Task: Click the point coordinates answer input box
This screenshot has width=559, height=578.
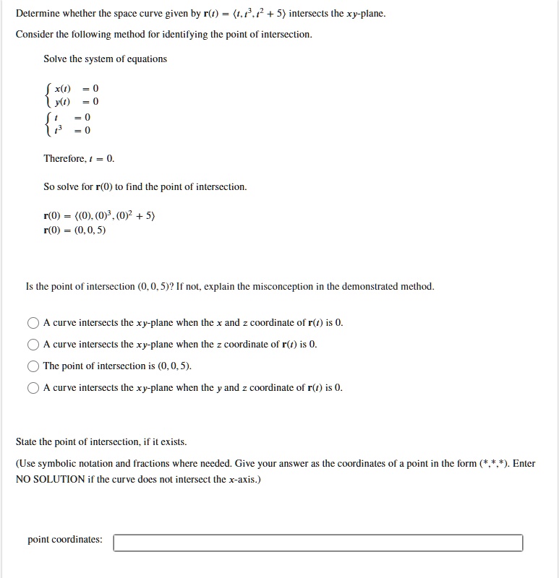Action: tap(318, 543)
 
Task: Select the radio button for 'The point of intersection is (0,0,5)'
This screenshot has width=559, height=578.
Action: tap(33, 366)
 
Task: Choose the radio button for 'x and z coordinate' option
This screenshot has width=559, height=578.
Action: tap(33, 323)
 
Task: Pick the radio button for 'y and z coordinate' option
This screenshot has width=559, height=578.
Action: tap(33, 388)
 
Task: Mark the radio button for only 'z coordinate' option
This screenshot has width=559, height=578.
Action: tap(33, 345)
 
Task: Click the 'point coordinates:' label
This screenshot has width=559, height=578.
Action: tap(65, 540)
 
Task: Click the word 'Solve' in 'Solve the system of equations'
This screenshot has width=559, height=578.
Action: tap(56, 59)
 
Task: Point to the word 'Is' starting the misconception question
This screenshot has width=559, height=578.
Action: tap(29, 287)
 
